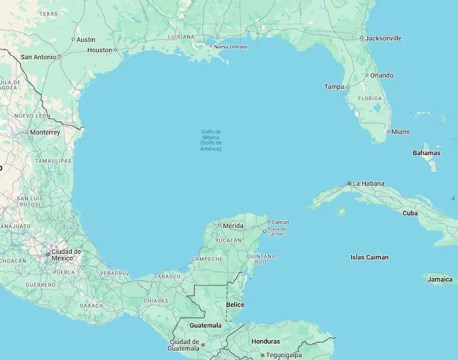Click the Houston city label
tap(99, 50)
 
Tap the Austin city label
tap(86, 40)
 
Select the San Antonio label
tap(39, 57)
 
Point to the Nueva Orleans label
tap(231, 46)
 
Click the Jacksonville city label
tap(383, 38)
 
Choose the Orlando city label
tap(381, 75)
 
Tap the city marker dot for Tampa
tap(347, 87)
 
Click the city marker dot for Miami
tap(388, 131)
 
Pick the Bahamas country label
tap(426, 153)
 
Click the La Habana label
tap(368, 183)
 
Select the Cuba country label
tap(410, 213)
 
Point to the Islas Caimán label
tap(369, 257)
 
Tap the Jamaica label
tap(440, 280)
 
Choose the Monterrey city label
tap(45, 132)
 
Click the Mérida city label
tap(233, 226)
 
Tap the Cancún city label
tap(280, 222)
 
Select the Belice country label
tap(235, 305)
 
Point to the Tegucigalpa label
tap(284, 355)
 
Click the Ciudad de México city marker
tap(48, 254)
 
